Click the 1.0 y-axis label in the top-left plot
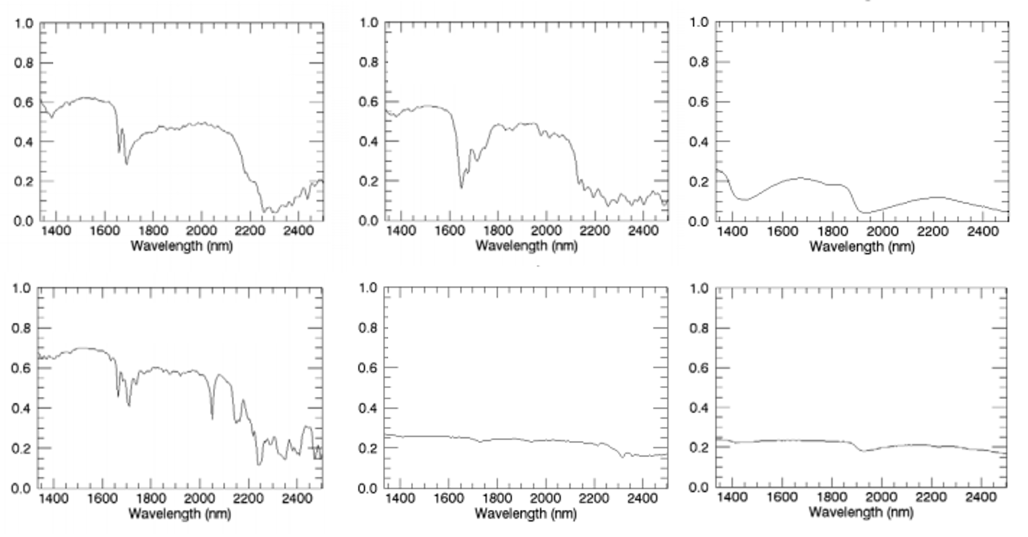tap(24, 23)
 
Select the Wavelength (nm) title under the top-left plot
tap(181, 246)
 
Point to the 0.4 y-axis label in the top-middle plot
tap(369, 142)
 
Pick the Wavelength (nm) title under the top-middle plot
tap(526, 246)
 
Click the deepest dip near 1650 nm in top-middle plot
tap(462, 188)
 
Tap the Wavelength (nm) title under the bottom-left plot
tap(180, 513)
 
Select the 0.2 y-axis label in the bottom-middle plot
tap(369, 447)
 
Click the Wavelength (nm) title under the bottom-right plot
tap(861, 513)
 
